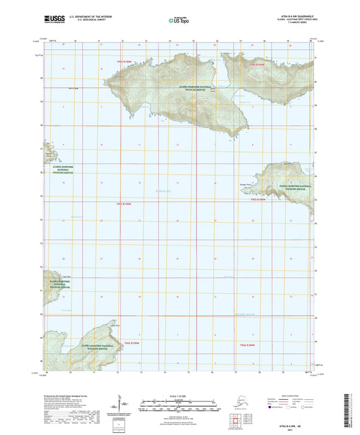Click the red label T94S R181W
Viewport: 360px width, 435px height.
pos(248,344)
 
